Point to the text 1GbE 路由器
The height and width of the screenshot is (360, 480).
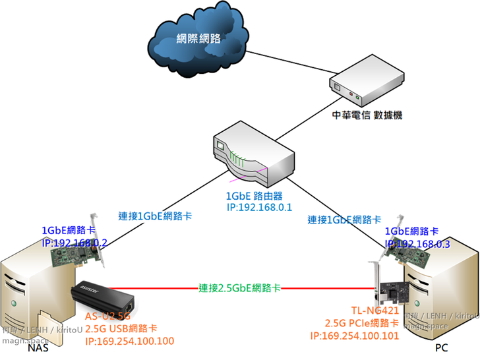(254, 196)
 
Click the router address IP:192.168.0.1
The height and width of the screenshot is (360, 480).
(254, 208)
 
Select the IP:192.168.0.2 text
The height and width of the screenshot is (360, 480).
(74, 243)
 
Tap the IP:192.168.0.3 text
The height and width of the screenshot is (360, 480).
(417, 243)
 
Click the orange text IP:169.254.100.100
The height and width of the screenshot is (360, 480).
(129, 341)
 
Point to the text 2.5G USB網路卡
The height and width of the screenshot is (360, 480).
(121, 329)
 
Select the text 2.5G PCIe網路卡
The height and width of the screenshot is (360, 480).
(361, 323)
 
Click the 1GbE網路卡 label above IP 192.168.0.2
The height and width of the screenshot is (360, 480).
(69, 231)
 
